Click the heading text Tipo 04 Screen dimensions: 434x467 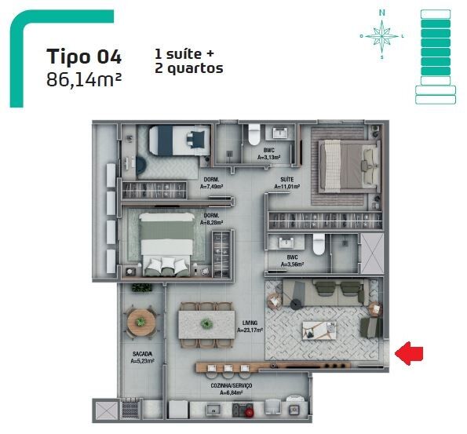point(84,57)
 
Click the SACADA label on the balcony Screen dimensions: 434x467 point(142,354)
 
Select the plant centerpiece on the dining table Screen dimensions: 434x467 point(206,323)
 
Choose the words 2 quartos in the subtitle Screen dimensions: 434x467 point(189,68)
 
